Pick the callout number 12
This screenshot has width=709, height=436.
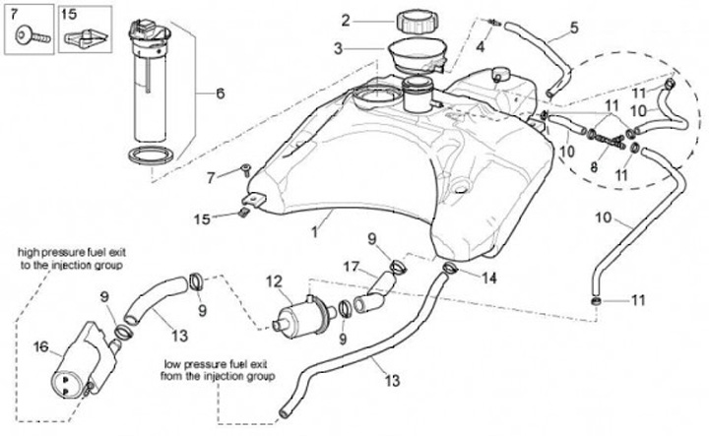click(273, 282)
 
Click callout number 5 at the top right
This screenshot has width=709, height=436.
click(574, 28)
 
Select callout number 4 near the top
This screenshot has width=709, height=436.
click(480, 46)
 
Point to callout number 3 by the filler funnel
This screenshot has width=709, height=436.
click(337, 47)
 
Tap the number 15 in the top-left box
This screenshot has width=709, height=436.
click(68, 14)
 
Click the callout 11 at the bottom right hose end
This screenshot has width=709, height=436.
click(638, 298)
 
